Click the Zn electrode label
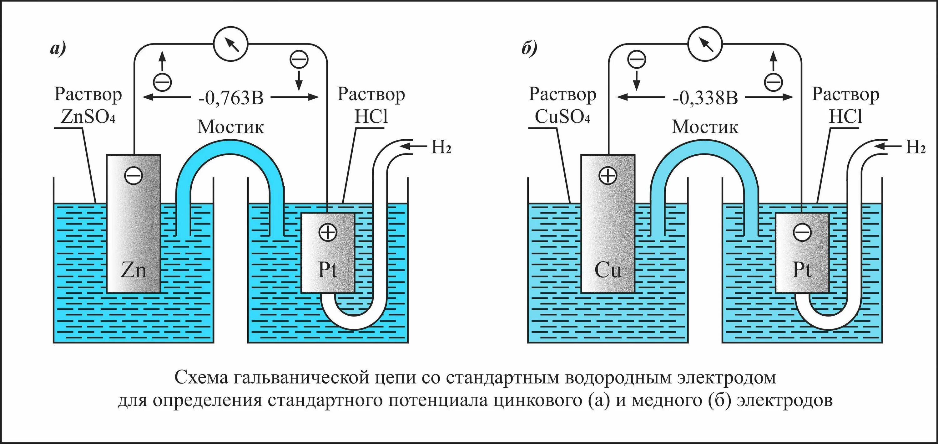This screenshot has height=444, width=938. click(x=134, y=271)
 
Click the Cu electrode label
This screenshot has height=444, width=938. click(x=608, y=271)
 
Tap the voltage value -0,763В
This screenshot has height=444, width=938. click(x=231, y=98)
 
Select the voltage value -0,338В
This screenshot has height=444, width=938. click(x=705, y=98)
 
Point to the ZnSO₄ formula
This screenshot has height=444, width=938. click(x=88, y=117)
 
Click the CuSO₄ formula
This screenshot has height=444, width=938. click(x=562, y=117)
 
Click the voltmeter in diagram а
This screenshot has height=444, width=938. click(x=230, y=44)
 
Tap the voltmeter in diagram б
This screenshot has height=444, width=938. click(x=705, y=44)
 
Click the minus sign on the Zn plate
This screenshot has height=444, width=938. click(x=133, y=176)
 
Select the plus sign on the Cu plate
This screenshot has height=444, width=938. click(x=608, y=176)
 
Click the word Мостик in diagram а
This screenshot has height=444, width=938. click(x=230, y=127)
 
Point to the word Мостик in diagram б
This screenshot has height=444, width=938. click(x=705, y=127)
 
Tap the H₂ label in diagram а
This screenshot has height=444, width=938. click(x=441, y=147)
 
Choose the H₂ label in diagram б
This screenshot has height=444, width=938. click(x=915, y=147)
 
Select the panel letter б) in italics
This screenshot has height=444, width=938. click(x=529, y=48)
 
